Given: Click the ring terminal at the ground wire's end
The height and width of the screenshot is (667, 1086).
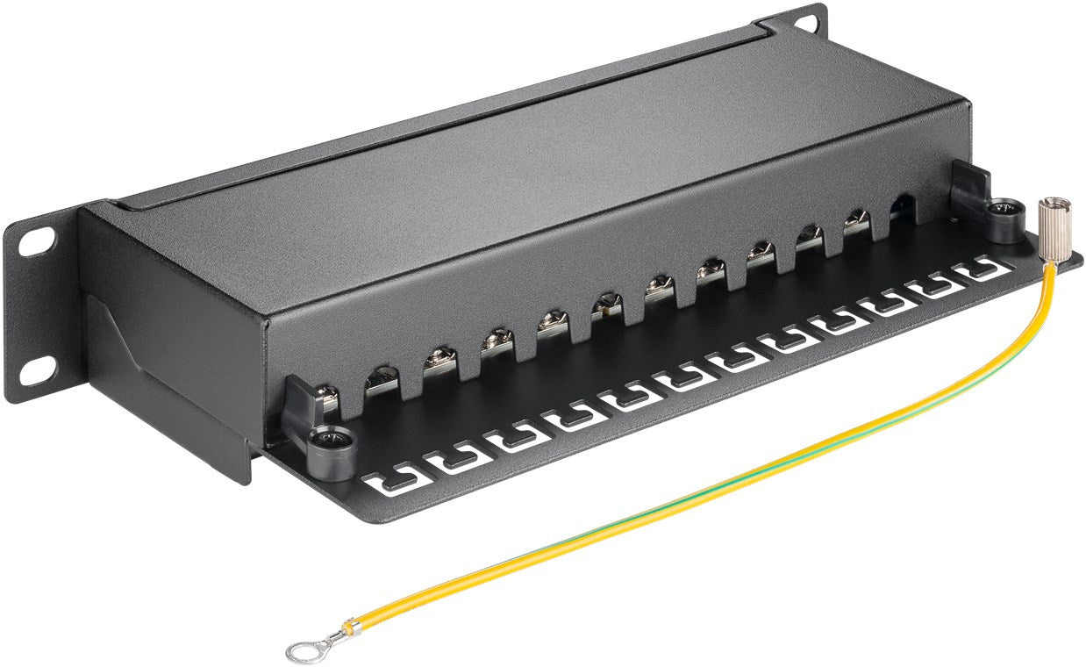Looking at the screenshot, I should (303, 650).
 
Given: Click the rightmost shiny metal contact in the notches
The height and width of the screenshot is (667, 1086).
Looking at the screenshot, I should (856, 224).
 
